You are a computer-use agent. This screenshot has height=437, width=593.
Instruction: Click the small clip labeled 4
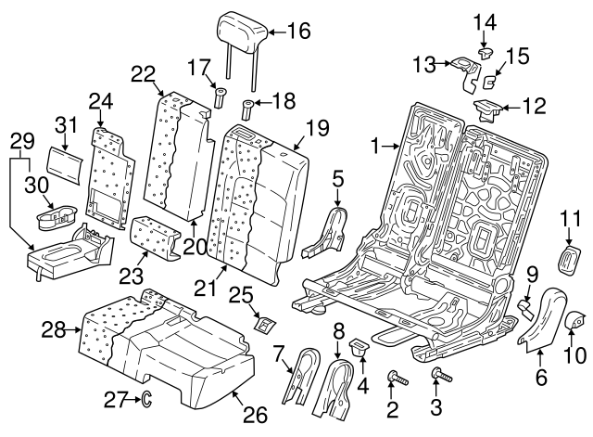click(x=359, y=348)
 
